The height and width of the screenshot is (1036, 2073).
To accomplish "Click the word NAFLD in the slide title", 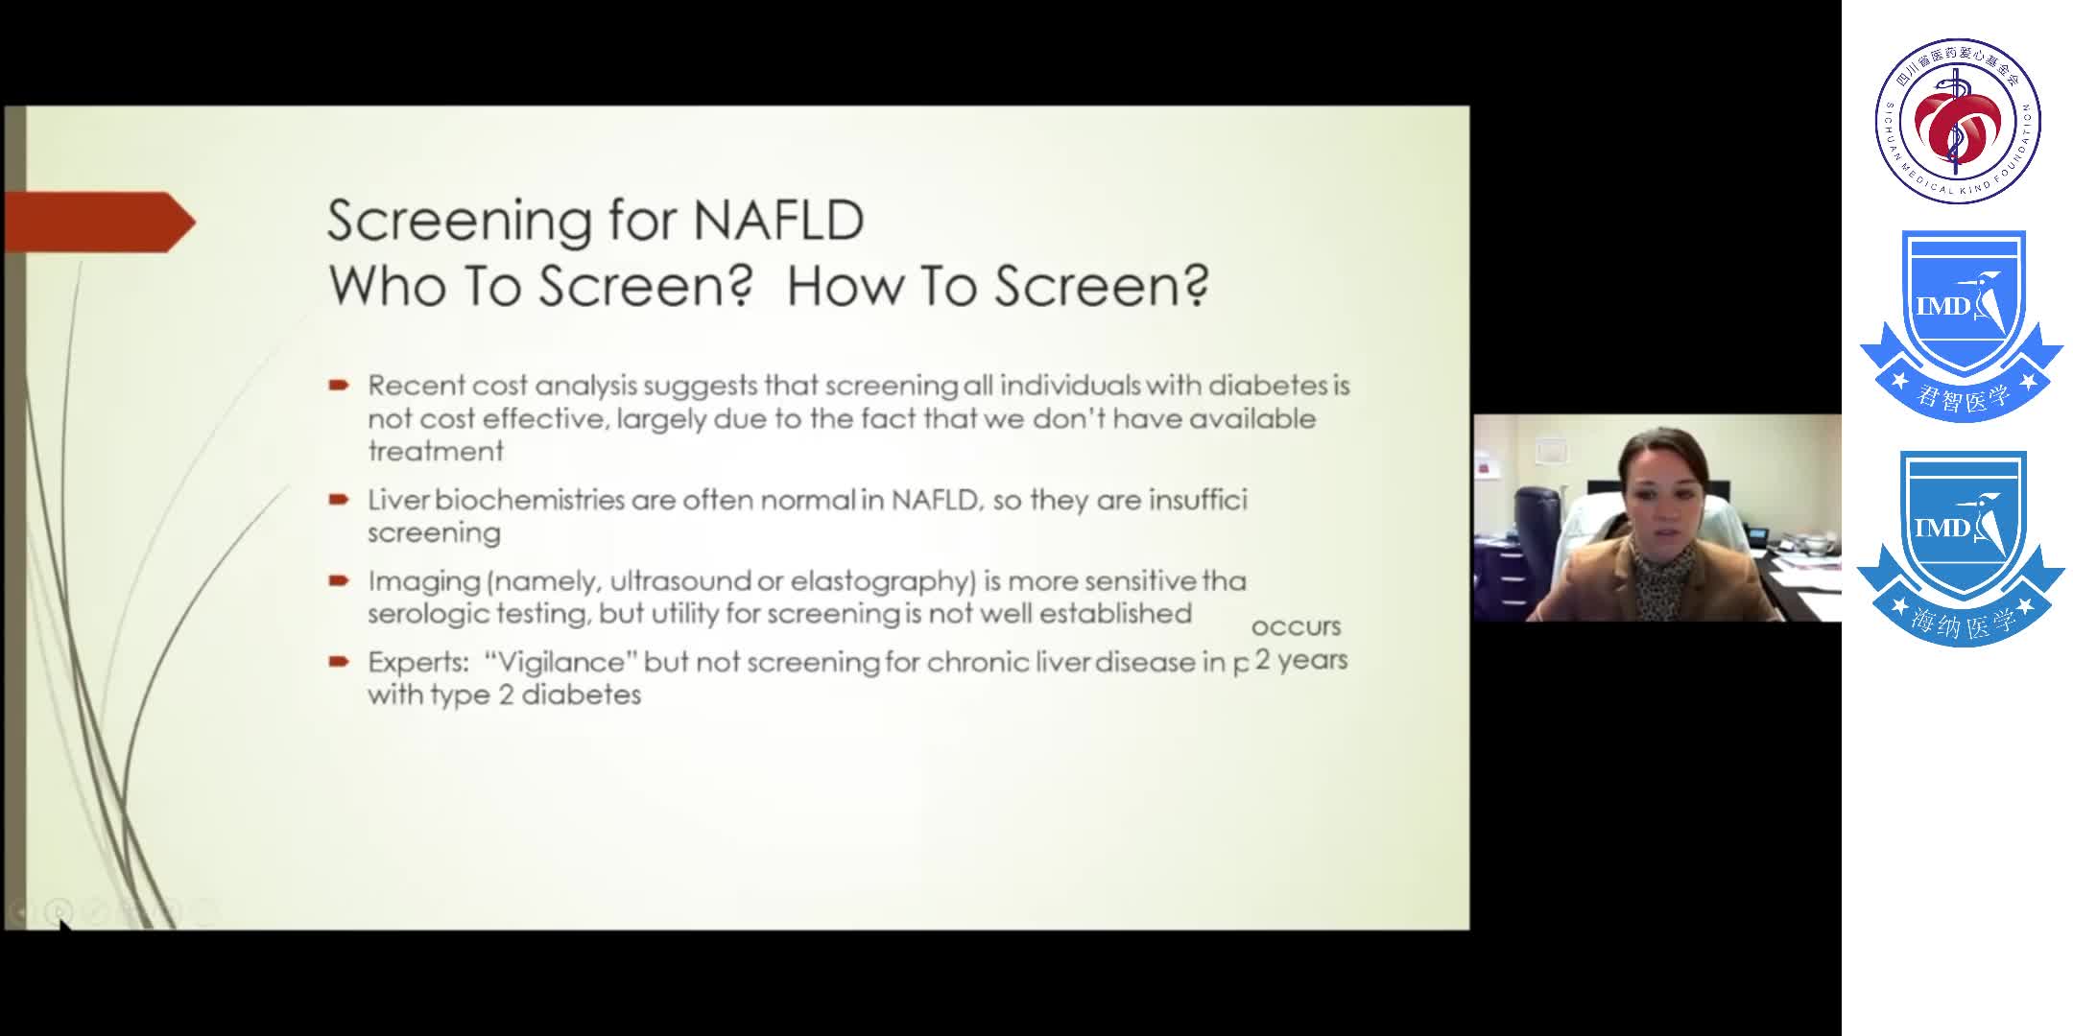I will click(x=777, y=221).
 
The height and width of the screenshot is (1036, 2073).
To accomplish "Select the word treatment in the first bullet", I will click(x=436, y=451).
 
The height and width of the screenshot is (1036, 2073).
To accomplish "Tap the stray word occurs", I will click(x=1296, y=626).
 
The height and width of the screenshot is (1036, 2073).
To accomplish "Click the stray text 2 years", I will click(x=1301, y=660).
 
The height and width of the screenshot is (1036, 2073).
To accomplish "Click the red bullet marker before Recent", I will click(x=338, y=386).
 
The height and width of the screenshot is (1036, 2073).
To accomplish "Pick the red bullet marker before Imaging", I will click(x=338, y=581).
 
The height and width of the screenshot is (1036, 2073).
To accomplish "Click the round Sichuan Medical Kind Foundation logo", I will click(x=1958, y=121).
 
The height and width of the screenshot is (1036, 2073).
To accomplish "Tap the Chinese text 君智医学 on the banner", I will click(x=1962, y=396).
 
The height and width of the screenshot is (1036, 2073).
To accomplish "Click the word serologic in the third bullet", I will click(x=428, y=614).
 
